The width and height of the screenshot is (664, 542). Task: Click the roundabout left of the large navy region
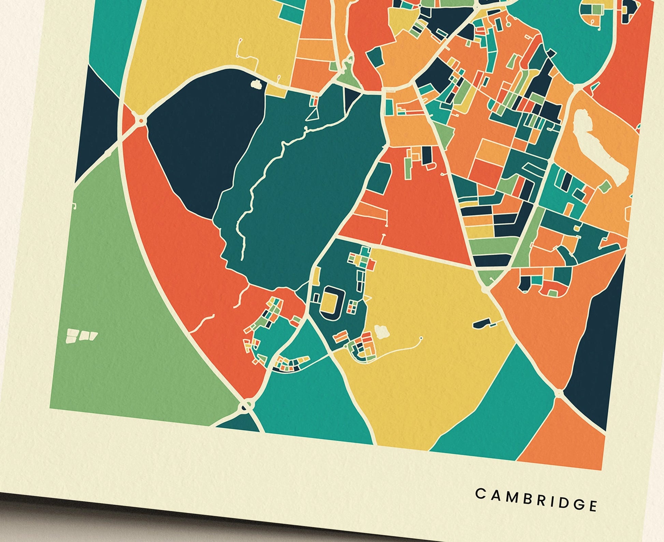pyautogui.click(x=141, y=120)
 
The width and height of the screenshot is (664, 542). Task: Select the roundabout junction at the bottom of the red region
pyautogui.click(x=246, y=406)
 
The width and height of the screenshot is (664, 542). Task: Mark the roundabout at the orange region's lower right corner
pyautogui.click(x=559, y=394)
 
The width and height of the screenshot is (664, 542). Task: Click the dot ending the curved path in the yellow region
pyautogui.click(x=422, y=338)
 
